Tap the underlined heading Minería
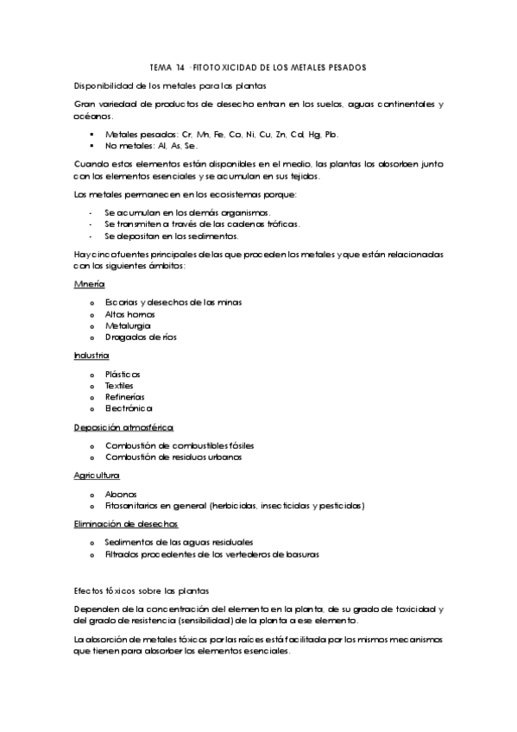(x=90, y=283)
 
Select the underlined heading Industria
(x=91, y=355)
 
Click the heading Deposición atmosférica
(x=124, y=426)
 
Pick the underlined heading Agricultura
(x=97, y=475)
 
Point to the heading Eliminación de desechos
(x=126, y=523)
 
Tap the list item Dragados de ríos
(x=141, y=338)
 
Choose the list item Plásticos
(x=123, y=374)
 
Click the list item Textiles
(x=119, y=385)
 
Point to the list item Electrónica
(x=129, y=408)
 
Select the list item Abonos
(x=120, y=493)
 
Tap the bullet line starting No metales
(x=145, y=146)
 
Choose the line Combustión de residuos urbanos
(x=173, y=457)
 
